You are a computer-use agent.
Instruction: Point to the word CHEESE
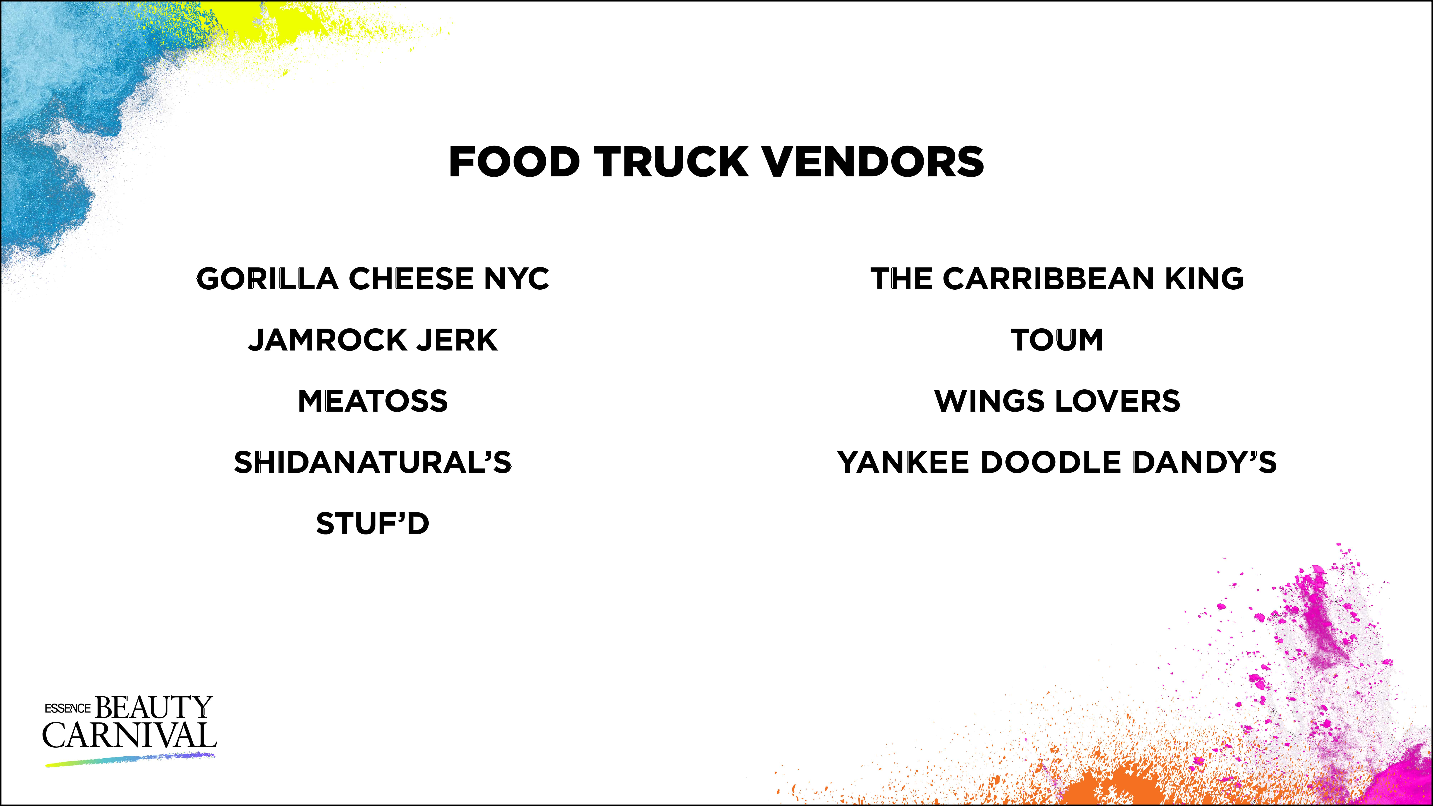411,279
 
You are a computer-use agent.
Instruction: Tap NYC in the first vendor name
516,279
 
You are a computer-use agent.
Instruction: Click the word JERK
457,340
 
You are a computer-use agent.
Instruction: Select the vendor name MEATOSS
373,401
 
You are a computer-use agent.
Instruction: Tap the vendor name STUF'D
373,523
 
